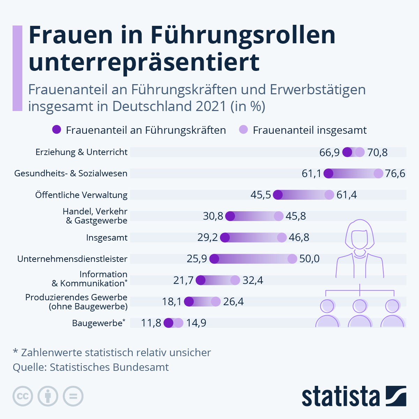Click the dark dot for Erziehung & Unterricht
tap(347, 152)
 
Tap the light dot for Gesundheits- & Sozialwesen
tap(378, 174)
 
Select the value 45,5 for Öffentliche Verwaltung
tap(260, 195)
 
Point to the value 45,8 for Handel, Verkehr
tap(296, 216)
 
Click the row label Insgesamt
tap(107, 238)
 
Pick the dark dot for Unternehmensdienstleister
tap(214, 259)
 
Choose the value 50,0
tap(309, 259)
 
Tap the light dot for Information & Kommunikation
tap(235, 280)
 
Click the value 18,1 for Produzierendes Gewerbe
tap(172, 302)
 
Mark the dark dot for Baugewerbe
tap(168, 323)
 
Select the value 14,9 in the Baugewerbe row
tap(196, 323)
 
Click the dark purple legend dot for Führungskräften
tap(57, 130)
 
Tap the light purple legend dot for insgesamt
tap(243, 130)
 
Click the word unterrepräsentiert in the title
tap(144, 62)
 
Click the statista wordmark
tap(340, 396)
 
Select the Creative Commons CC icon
tap(23, 396)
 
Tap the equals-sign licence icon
tap(73, 396)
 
